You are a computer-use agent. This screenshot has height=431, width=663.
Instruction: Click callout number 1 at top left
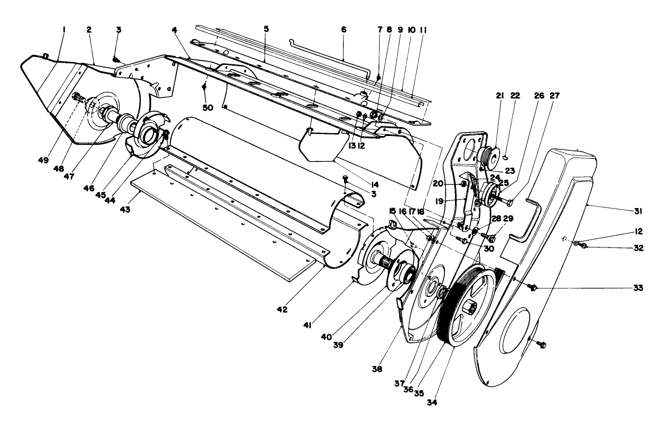tap(63, 30)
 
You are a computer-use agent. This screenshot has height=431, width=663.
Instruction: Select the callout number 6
tap(344, 30)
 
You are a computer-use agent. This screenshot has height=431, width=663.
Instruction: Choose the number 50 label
tap(208, 108)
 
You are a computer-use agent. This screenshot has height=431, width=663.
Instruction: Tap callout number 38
tap(377, 369)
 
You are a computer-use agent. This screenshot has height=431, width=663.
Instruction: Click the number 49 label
tap(43, 160)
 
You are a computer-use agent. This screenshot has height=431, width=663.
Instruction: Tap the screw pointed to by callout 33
tap(532, 287)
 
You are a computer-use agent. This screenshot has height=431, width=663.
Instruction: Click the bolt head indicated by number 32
tap(584, 246)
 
